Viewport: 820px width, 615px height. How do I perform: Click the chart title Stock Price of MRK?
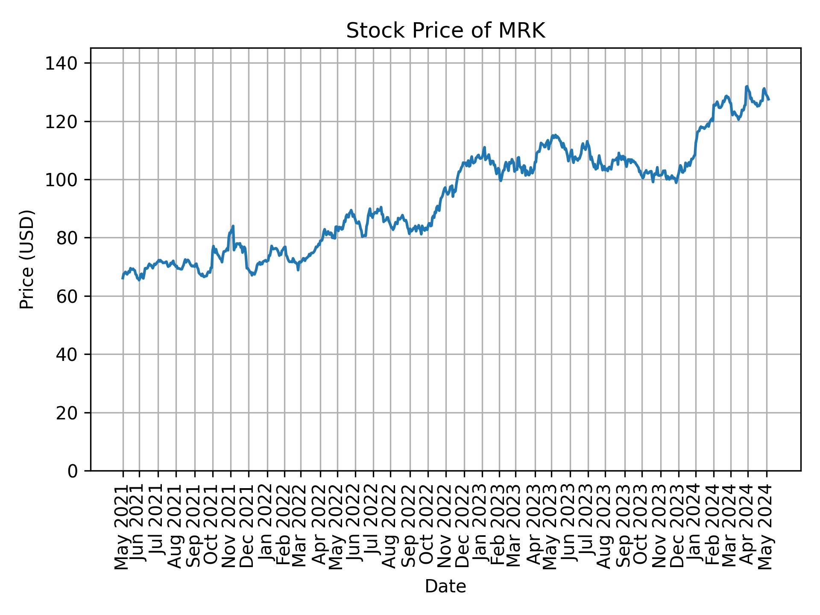[445, 31]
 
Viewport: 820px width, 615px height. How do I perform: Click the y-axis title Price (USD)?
[27, 259]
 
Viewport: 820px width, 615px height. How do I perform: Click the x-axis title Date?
[445, 587]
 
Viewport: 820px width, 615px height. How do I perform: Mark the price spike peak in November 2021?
[233, 226]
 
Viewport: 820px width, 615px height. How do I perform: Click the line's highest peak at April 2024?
[747, 86]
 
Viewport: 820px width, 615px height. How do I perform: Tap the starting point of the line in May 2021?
[123, 278]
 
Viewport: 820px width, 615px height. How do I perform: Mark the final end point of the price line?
[769, 100]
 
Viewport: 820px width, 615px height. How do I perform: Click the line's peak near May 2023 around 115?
[554, 135]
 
